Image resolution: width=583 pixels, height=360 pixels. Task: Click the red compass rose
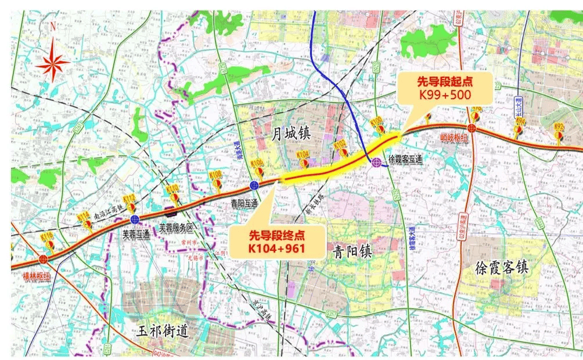(53, 60)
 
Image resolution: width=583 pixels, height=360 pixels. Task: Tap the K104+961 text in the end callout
(277, 249)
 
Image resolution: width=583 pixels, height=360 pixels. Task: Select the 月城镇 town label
(291, 134)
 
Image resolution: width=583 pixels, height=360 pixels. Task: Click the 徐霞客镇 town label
(501, 268)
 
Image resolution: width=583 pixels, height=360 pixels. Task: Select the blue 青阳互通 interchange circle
(254, 185)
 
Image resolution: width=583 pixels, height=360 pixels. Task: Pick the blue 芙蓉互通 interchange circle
(135, 219)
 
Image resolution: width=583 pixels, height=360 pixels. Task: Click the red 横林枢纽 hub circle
(44, 259)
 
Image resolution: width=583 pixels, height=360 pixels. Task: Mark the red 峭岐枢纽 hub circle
(472, 128)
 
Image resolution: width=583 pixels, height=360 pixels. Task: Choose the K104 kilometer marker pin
(303, 160)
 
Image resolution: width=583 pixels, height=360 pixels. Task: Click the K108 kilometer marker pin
(216, 180)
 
